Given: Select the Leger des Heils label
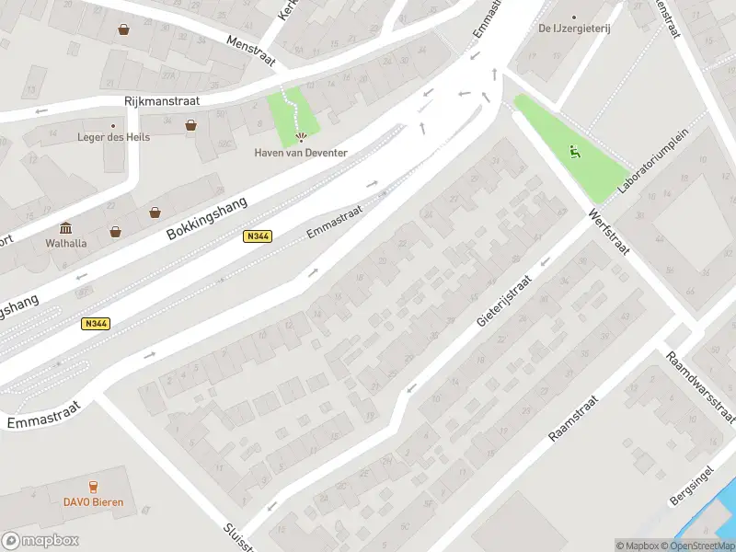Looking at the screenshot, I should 113,137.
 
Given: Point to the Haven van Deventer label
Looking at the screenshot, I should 301,152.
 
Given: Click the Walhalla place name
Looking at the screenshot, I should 65,244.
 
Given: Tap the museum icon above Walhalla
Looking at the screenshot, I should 65,228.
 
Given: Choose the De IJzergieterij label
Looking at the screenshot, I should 575,29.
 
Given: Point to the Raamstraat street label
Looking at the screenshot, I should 573,420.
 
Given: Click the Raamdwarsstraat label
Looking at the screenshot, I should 700,385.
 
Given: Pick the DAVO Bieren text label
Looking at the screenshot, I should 93,502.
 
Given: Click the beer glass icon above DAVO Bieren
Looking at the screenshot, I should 93,486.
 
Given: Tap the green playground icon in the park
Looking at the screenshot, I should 575,153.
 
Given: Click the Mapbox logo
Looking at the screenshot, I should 40,541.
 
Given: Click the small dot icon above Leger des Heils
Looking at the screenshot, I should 113,125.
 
